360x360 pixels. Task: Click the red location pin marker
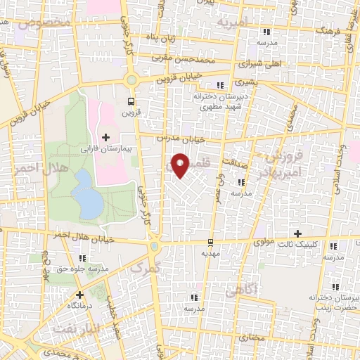tap(181, 166)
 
